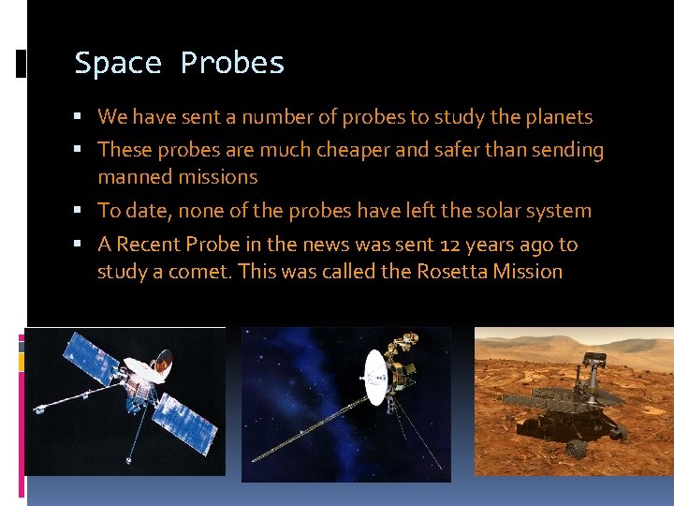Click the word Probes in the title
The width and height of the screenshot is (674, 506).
[232, 63]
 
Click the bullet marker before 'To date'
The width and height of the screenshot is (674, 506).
[84, 212]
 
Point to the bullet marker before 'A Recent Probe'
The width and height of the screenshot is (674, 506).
[84, 246]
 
